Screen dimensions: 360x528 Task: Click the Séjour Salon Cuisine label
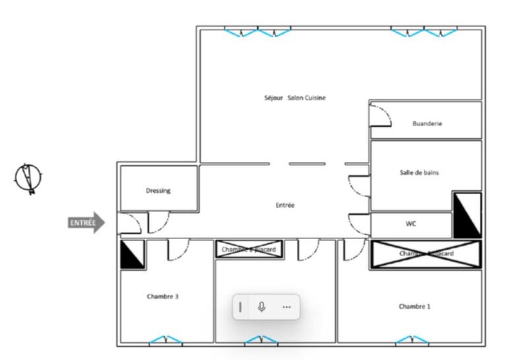click(x=294, y=98)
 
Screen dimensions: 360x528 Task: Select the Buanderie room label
click(x=427, y=124)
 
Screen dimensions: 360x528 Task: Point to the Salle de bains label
click(x=419, y=172)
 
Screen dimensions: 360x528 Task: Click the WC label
click(x=411, y=224)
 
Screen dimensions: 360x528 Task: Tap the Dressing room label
click(x=158, y=191)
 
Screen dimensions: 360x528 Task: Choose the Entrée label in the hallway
click(x=284, y=205)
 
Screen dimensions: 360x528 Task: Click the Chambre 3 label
click(x=162, y=297)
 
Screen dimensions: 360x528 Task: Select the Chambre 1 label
click(x=414, y=306)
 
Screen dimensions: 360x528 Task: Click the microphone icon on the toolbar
click(x=261, y=306)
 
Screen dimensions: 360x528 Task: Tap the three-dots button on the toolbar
click(x=286, y=306)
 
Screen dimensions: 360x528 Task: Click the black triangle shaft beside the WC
click(x=467, y=215)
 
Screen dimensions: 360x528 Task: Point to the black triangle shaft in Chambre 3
click(x=132, y=254)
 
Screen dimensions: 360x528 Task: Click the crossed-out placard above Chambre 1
click(x=426, y=254)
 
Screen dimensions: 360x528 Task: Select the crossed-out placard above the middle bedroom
click(x=249, y=249)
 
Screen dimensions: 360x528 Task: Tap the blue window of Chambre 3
click(x=165, y=340)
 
